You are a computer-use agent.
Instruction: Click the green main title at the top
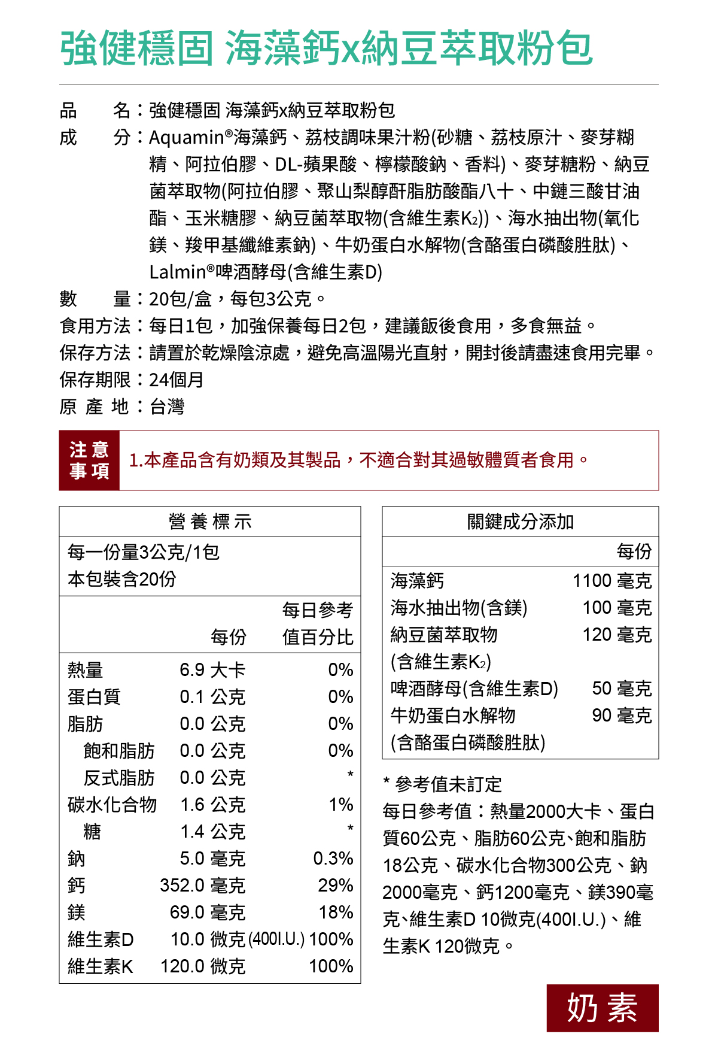[x=326, y=48]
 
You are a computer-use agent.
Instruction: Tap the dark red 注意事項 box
[x=89, y=460]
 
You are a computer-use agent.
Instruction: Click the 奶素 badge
[x=602, y=1008]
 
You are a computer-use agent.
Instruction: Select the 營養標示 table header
[x=210, y=522]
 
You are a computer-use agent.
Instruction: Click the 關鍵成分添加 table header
[x=520, y=522]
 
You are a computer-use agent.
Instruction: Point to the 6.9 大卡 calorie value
[x=212, y=670]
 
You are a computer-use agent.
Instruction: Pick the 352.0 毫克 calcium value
[x=202, y=886]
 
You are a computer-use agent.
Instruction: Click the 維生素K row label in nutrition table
[x=101, y=966]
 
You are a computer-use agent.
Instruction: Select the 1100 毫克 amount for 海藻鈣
[x=611, y=581]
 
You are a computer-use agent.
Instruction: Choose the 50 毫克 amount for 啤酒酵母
[x=622, y=689]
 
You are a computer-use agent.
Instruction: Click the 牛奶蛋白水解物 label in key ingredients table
[x=453, y=716]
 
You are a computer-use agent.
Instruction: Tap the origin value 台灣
[x=167, y=407]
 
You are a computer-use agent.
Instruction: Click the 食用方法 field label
[x=95, y=326]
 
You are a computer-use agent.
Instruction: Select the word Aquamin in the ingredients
[x=186, y=138]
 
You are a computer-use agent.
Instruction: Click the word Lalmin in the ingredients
[x=178, y=272]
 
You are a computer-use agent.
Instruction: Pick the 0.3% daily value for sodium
[x=333, y=859]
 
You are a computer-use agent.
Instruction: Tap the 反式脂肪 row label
[x=119, y=778]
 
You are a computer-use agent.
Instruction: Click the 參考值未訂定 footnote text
[x=448, y=784]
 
